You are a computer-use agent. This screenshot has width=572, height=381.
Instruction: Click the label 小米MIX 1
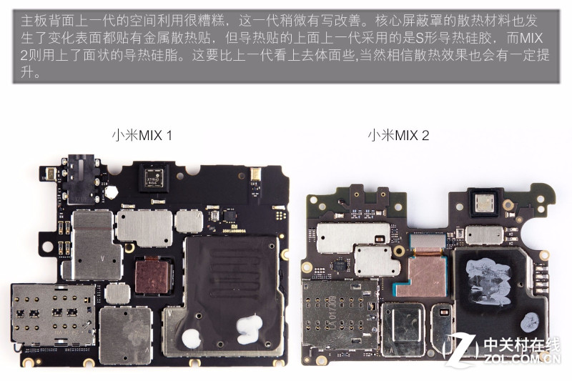click(x=142, y=136)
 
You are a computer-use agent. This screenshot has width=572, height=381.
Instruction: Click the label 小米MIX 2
click(x=398, y=136)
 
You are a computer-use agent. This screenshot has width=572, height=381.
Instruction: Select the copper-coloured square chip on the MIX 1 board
click(x=152, y=276)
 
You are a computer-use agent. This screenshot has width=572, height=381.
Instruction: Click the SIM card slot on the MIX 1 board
click(x=53, y=315)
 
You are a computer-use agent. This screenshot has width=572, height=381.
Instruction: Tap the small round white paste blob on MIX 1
click(x=191, y=338)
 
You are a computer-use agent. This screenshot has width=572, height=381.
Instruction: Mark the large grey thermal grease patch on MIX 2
click(x=488, y=282)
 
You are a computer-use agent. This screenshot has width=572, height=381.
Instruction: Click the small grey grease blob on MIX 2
click(x=530, y=322)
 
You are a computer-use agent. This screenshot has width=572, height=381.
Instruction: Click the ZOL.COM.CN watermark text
click(x=523, y=359)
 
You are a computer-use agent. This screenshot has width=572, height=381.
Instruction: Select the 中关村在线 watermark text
click(x=522, y=345)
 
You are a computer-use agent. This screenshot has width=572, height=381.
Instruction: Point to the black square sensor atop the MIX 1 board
click(x=154, y=178)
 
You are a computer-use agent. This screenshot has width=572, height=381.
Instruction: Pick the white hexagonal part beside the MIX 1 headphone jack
click(x=111, y=192)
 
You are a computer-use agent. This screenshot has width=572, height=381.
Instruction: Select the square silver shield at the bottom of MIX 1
click(x=126, y=336)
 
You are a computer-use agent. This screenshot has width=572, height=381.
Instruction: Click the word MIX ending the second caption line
click(x=531, y=39)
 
